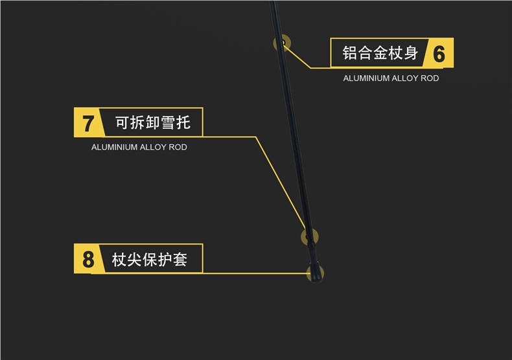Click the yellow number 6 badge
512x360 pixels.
click(439, 54)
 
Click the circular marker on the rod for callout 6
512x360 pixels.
click(282, 44)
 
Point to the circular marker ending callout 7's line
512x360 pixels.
click(310, 236)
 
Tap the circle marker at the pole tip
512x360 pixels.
click(314, 273)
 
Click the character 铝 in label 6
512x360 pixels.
click(351, 53)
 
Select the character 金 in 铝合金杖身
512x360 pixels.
click(380, 53)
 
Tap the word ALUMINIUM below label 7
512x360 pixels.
click(114, 148)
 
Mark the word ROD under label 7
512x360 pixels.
click(178, 148)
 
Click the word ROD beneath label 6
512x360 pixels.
click(430, 78)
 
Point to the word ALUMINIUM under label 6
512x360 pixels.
click(366, 78)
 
